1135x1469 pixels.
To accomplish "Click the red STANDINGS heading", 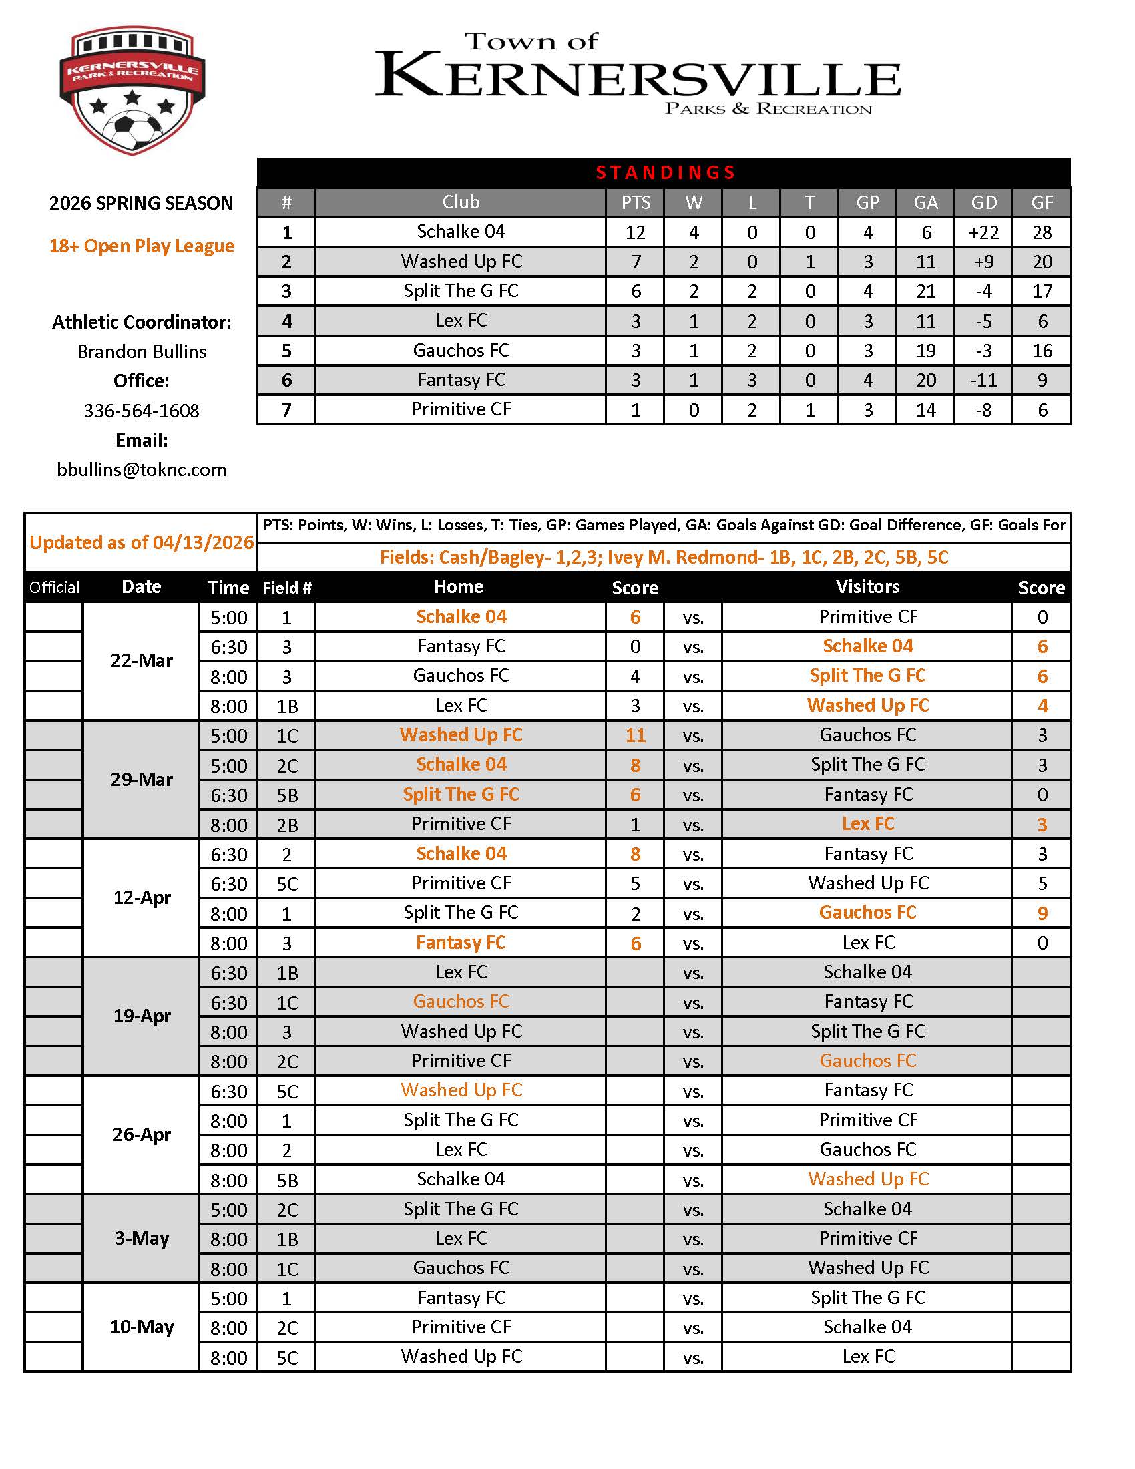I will click(x=665, y=173).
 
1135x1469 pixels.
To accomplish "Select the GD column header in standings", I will click(x=983, y=202).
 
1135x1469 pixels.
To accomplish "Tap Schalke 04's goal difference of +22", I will click(x=983, y=233).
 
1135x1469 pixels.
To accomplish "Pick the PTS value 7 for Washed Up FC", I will click(x=636, y=262).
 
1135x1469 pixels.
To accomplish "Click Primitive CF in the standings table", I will click(x=461, y=409).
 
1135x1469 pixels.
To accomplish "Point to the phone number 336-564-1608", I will click(x=142, y=410).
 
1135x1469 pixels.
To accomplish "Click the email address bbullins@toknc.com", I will click(x=142, y=469).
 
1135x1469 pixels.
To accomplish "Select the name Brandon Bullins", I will click(x=142, y=351).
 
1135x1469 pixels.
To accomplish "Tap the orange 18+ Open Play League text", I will click(x=142, y=246).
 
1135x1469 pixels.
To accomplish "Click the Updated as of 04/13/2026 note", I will click(x=142, y=542).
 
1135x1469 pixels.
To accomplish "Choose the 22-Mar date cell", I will click(x=142, y=660).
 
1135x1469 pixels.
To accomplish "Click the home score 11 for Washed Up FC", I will click(x=636, y=735).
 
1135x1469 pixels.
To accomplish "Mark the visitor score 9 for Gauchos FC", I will click(x=1042, y=913).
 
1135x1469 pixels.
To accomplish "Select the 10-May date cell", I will click(x=142, y=1327).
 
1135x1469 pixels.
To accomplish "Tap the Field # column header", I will click(x=287, y=588).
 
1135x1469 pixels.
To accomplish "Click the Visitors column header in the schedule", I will click(x=867, y=586).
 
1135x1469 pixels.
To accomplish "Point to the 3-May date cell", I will click(x=142, y=1238).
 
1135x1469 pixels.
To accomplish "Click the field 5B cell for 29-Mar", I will click(x=287, y=795).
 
